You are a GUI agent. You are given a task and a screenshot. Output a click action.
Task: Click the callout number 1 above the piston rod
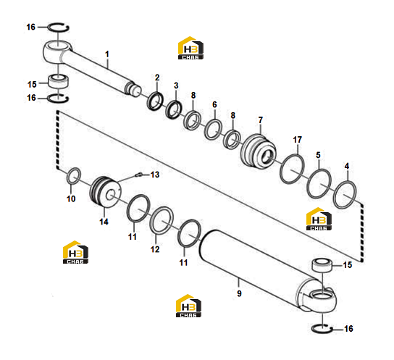pyautogui.click(x=107, y=54)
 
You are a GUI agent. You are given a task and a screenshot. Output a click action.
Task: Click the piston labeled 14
pyautogui.click(x=105, y=192)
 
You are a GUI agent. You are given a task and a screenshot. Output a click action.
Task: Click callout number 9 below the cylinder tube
pyautogui.click(x=239, y=293)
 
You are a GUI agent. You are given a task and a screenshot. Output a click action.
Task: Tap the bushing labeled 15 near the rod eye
pyautogui.click(x=59, y=81)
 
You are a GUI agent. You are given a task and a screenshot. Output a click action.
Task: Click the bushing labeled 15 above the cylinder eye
pyautogui.click(x=322, y=265)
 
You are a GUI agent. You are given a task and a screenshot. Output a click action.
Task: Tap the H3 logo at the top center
pyautogui.click(x=190, y=48)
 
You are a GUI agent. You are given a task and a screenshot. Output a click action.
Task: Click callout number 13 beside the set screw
pyautogui.click(x=155, y=175)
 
